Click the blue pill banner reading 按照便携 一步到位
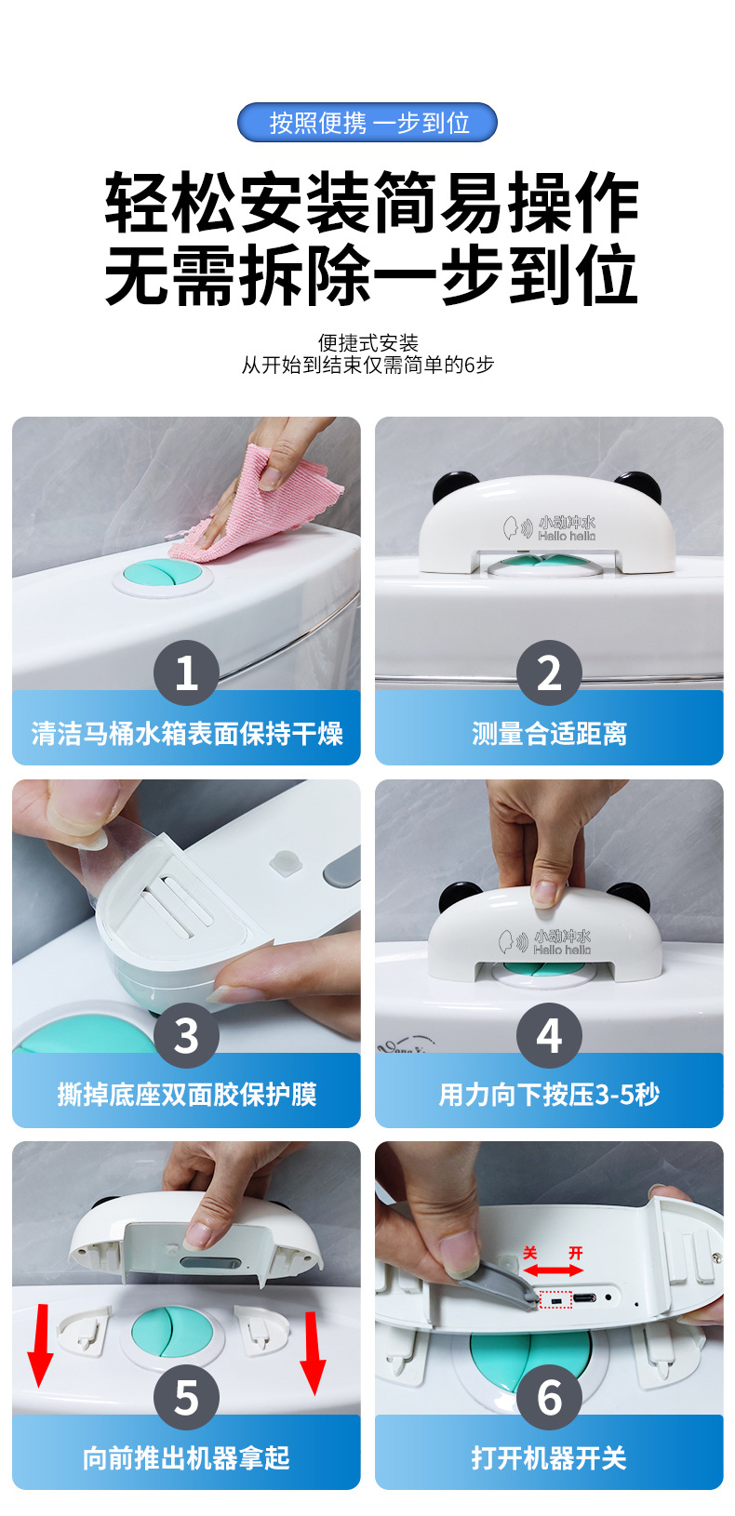tap(367, 123)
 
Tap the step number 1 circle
tap(186, 672)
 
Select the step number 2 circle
tap(549, 672)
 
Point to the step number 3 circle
tap(186, 1035)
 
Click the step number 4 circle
tap(549, 1035)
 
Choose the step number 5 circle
tap(186, 1398)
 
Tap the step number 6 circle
tap(549, 1398)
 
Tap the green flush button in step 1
tap(162, 577)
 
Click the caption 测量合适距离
tap(549, 734)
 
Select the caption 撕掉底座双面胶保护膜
tap(186, 1095)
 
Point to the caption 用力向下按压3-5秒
tap(549, 1095)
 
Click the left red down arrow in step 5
tap(41, 1346)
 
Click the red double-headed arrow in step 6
tap(553, 1270)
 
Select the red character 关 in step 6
tap(530, 1253)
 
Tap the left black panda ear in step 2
tap(452, 485)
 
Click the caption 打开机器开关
tap(549, 1457)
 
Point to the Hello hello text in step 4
tap(562, 950)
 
